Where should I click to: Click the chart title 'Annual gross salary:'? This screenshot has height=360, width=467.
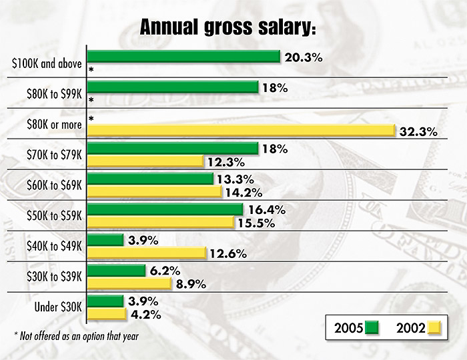(227, 28)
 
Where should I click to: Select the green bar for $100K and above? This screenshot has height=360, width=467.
(183, 57)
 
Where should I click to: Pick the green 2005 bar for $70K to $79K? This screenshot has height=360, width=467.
(173, 148)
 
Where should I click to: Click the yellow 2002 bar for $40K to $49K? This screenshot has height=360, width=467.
(147, 252)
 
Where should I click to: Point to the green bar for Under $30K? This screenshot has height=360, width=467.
(105, 301)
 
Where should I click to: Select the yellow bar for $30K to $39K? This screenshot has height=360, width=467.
(130, 283)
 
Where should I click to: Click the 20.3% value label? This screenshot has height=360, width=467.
(303, 57)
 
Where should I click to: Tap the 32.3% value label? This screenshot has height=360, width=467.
(418, 131)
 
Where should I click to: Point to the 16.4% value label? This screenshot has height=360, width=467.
(266, 210)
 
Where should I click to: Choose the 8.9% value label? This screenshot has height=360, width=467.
(191, 284)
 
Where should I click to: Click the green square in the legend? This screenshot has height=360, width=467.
(372, 328)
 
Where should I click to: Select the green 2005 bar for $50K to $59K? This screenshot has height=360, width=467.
(165, 209)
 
